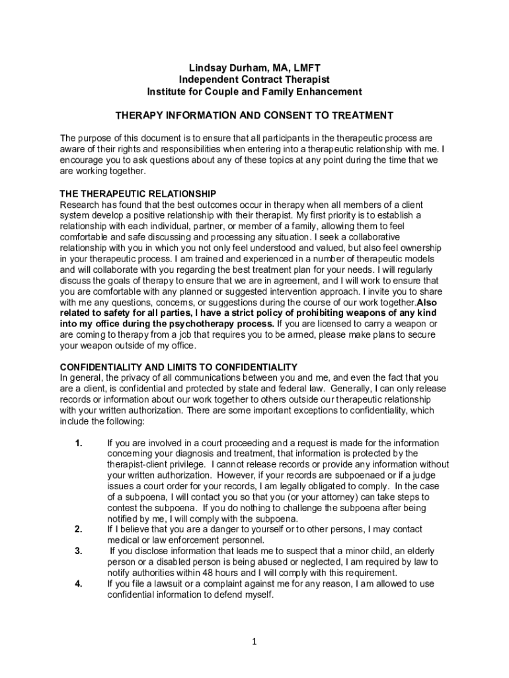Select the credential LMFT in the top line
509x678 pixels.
tap(305, 68)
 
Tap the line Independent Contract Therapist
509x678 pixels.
tap(255, 79)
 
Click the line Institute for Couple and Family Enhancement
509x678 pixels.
tap(255, 91)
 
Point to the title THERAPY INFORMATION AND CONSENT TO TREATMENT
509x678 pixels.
tap(255, 115)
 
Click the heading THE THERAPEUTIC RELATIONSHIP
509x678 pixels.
tap(138, 194)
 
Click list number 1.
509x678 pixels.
tap(78, 443)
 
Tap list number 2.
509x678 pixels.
tap(78, 530)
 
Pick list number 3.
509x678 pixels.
tap(78, 551)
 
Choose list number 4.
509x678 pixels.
tap(78, 583)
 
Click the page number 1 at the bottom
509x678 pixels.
tap(255, 642)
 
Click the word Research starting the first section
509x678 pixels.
tap(81, 205)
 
